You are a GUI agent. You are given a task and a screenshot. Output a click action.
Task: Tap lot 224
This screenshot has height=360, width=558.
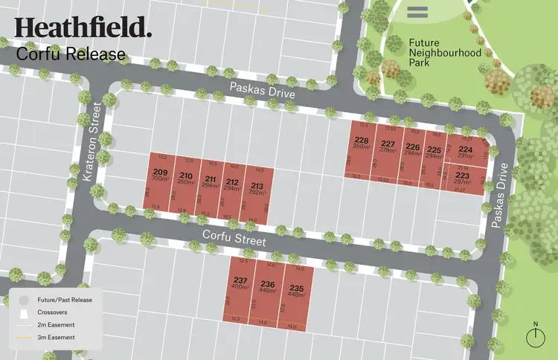(x=466, y=152)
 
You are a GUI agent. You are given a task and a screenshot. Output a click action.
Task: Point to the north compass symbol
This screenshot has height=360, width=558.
(x=535, y=335)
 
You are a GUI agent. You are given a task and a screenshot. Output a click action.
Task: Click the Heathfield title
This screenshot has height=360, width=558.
(x=82, y=28)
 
